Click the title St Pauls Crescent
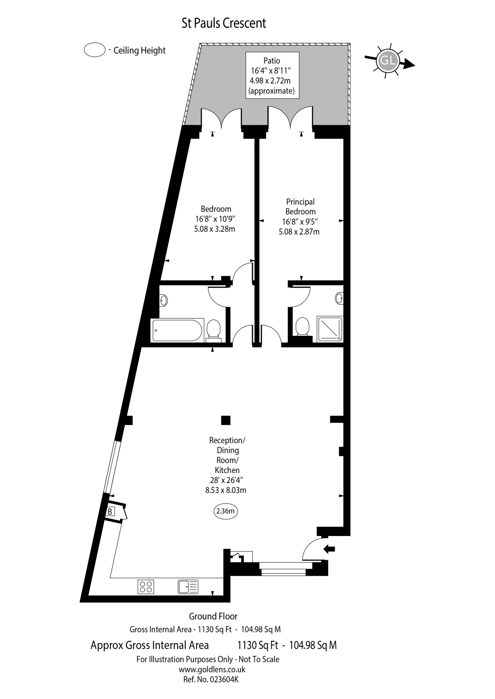point(224,23)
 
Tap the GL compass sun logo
point(387,60)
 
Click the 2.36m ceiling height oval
point(226,511)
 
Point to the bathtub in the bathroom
point(177,330)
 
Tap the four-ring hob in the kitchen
point(146,586)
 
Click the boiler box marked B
point(110,511)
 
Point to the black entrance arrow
point(329,549)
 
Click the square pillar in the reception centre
point(225,421)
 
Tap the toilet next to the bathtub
point(214,328)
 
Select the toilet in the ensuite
point(302,326)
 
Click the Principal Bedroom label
point(300,206)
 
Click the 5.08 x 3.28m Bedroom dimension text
point(214,229)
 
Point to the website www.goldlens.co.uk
point(212,669)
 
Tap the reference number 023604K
point(212,679)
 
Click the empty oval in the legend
point(95,50)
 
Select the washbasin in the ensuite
point(339,298)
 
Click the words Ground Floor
point(213,616)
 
